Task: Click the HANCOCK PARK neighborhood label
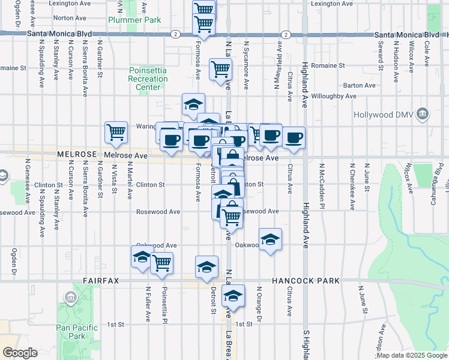[306, 281]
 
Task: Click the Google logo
[20, 353]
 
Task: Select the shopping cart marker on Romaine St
[220, 69]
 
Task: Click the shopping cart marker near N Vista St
[116, 131]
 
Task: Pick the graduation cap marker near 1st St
[233, 295]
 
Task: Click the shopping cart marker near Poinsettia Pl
[161, 262]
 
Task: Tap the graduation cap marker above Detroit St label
[206, 266]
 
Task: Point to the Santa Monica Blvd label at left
[59, 35]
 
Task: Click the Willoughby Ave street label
[334, 95]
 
